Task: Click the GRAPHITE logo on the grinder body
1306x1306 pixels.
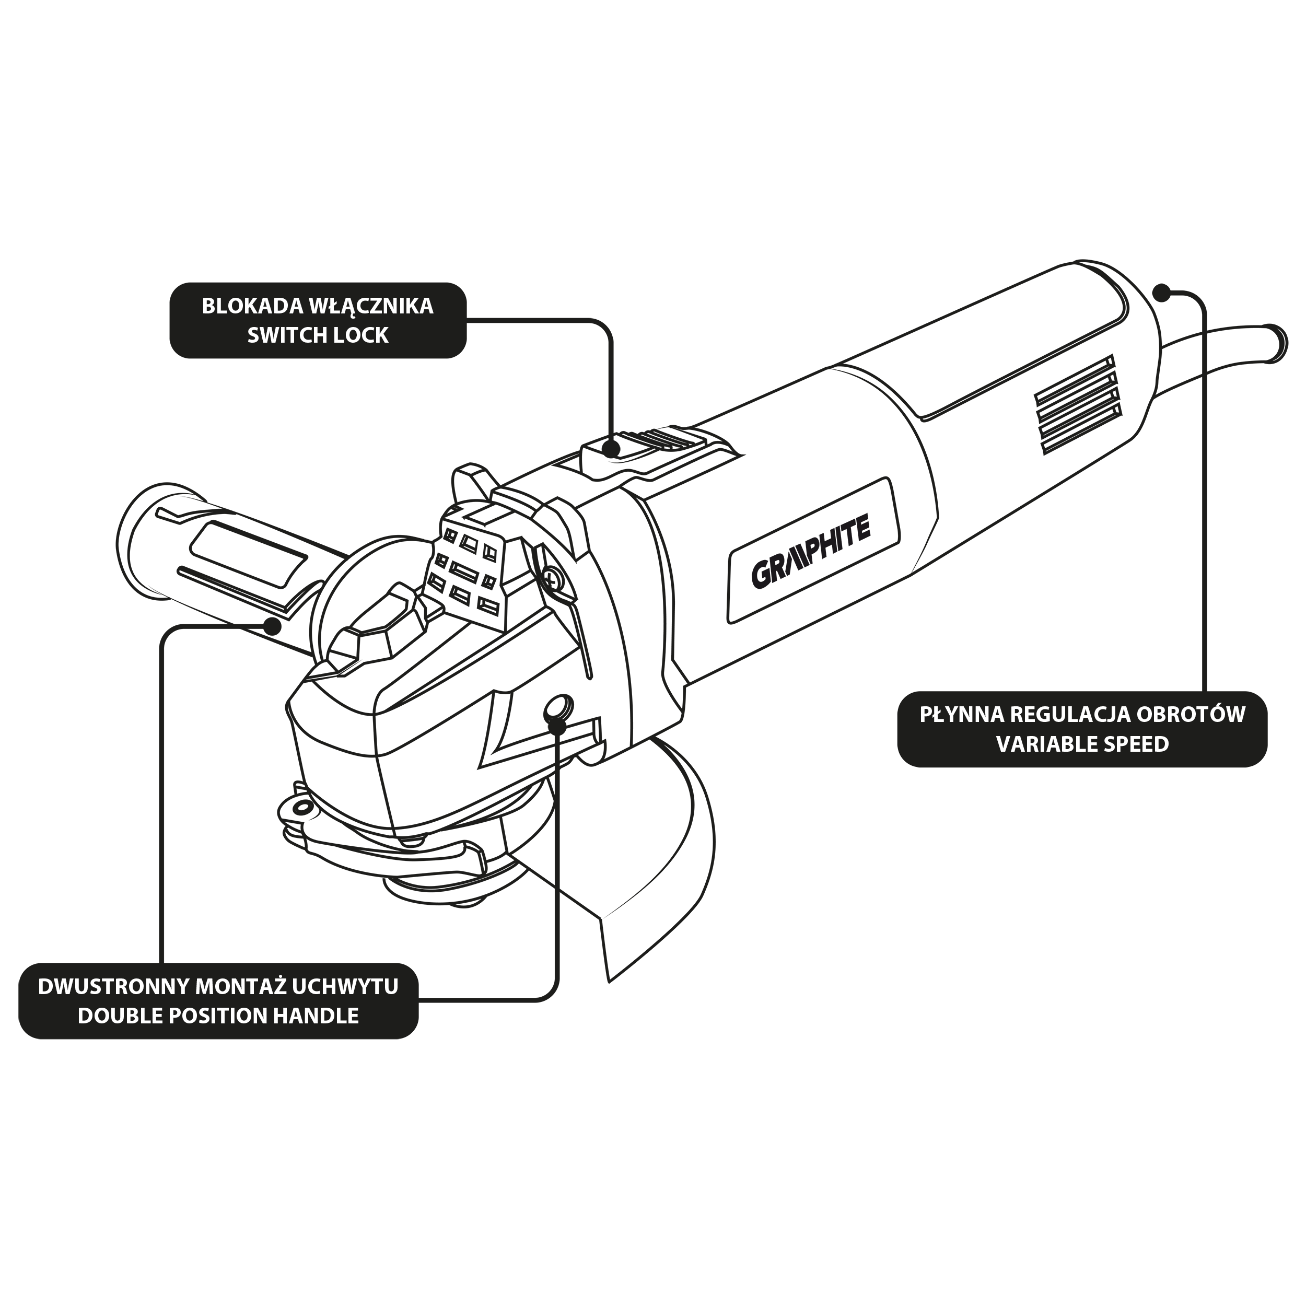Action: coord(811,552)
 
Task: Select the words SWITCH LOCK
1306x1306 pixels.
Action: coord(318,335)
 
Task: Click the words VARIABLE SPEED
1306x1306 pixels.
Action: coord(1082,744)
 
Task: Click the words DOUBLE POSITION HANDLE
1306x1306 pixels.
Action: coord(218,1016)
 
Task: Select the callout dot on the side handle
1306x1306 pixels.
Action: coord(272,625)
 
